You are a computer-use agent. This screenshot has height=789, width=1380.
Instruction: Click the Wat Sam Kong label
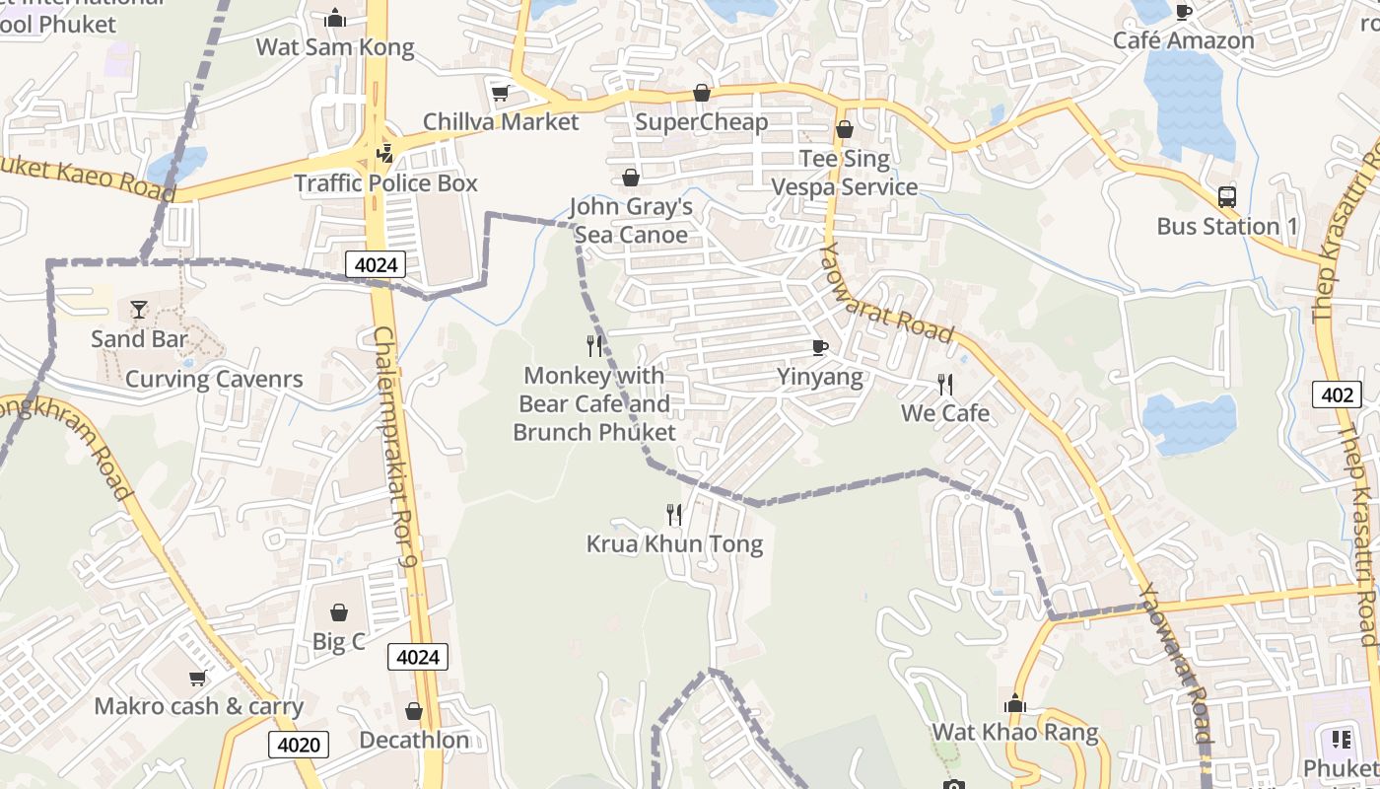335,47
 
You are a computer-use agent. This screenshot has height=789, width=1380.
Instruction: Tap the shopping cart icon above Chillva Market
501,94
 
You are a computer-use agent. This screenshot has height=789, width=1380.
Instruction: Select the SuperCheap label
701,122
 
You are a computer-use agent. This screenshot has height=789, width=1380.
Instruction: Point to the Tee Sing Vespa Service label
844,173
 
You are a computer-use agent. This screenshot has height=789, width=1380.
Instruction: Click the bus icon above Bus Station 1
1227,197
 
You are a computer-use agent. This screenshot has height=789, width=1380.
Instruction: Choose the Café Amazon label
1183,40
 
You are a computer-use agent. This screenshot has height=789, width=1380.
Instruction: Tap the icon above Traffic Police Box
384,154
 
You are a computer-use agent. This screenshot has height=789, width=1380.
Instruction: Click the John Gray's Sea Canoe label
631,221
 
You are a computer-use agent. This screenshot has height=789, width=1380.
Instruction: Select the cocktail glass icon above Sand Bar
139,310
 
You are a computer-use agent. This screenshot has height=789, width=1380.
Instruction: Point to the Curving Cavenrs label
214,380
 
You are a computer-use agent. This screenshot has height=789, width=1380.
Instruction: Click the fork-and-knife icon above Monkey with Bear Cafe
594,346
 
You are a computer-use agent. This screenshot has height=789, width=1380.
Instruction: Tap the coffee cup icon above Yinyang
819,347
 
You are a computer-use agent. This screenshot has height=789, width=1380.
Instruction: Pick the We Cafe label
945,413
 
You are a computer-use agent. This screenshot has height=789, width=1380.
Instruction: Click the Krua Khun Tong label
674,544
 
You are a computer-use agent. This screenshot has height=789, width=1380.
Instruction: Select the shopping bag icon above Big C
339,612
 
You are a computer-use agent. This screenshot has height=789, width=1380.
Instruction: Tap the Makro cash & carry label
199,706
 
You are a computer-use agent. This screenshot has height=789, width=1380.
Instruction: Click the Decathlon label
414,740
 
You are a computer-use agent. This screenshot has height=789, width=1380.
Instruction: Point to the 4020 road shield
299,745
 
